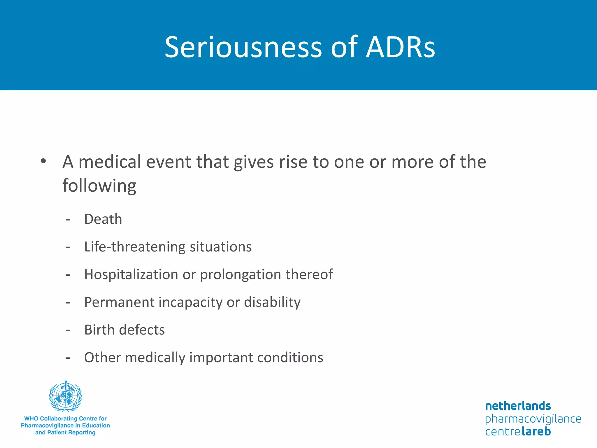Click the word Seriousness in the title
pyautogui.click(x=243, y=47)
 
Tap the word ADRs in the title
pyautogui.click(x=401, y=47)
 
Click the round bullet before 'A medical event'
pyautogui.click(x=43, y=161)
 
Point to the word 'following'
pyautogui.click(x=99, y=186)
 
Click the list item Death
pyautogui.click(x=103, y=219)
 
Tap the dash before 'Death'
pyautogui.click(x=68, y=219)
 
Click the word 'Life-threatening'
pyautogui.click(x=135, y=247)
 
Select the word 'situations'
pyautogui.click(x=221, y=247)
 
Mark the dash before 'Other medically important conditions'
pyautogui.click(x=68, y=358)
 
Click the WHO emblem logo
pyautogui.click(x=66, y=396)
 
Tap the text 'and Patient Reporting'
pyautogui.click(x=65, y=433)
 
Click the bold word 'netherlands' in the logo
pyautogui.click(x=518, y=406)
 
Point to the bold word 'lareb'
pyautogui.click(x=536, y=431)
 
